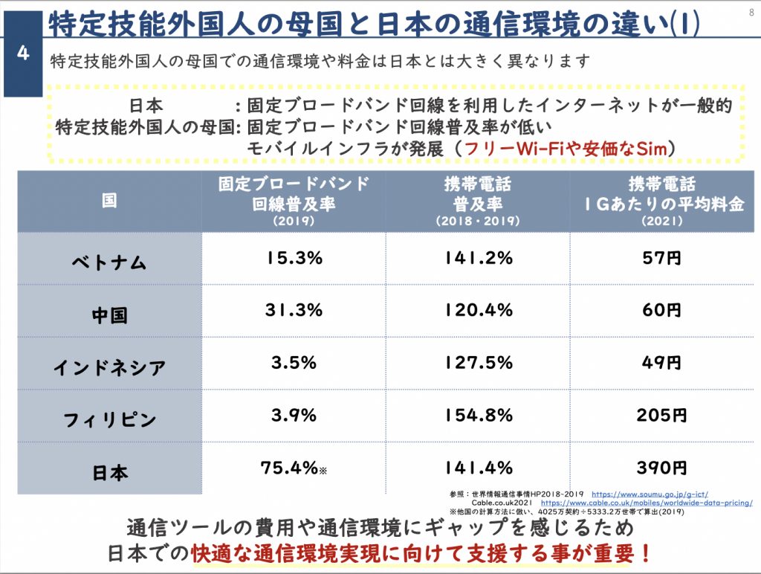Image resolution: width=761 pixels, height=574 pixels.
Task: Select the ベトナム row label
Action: click(109, 262)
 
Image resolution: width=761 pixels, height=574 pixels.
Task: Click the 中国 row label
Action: click(109, 314)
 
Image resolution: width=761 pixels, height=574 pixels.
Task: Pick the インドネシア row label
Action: click(109, 367)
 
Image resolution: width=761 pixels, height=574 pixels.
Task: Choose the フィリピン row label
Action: click(109, 419)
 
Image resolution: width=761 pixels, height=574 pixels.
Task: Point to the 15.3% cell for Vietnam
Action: click(294, 258)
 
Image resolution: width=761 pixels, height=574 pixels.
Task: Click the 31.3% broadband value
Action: click(294, 310)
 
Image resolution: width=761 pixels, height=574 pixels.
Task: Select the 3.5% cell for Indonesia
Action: click(294, 363)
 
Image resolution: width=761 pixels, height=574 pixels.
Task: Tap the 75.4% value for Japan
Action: click(291, 468)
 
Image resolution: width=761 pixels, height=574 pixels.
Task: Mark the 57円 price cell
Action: click(661, 258)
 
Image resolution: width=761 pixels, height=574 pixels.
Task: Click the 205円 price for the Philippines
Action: click(661, 415)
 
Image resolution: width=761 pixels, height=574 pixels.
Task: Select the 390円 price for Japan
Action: click(661, 468)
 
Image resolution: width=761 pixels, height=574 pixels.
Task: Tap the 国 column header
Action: click(109, 201)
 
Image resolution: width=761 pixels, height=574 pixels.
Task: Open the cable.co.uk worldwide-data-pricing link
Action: click(646, 503)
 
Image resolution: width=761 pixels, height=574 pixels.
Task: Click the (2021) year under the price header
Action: click(661, 222)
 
